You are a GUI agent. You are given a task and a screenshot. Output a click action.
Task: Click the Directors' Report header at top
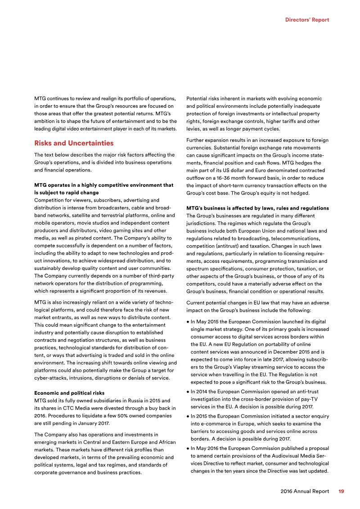(307, 20)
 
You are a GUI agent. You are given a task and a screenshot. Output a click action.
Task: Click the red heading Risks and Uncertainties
(74, 143)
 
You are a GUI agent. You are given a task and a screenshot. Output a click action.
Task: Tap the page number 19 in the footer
(341, 491)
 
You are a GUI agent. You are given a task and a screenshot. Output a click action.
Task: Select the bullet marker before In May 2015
(187, 322)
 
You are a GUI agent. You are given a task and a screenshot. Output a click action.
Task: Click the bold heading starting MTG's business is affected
(257, 208)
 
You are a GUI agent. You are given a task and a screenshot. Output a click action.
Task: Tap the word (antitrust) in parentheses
(230, 246)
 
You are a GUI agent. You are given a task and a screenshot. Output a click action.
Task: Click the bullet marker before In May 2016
(187, 448)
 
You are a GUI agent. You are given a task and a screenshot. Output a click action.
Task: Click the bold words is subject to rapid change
(67, 192)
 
